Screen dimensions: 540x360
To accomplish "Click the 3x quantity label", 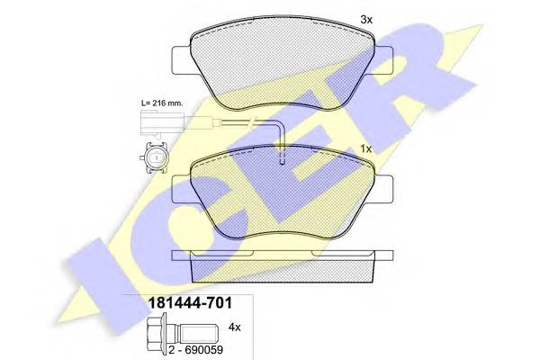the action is point(366,20).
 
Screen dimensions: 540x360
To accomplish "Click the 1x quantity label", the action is point(366,149).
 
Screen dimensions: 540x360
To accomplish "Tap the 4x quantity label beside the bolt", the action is point(235,328).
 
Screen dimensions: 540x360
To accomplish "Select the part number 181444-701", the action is point(190,303).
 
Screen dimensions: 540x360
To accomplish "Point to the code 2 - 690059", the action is point(195,350).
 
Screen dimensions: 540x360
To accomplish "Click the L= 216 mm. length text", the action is point(162,103).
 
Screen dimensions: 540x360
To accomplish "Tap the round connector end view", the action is point(156,157).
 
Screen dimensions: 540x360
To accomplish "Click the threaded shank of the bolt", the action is point(198,332).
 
